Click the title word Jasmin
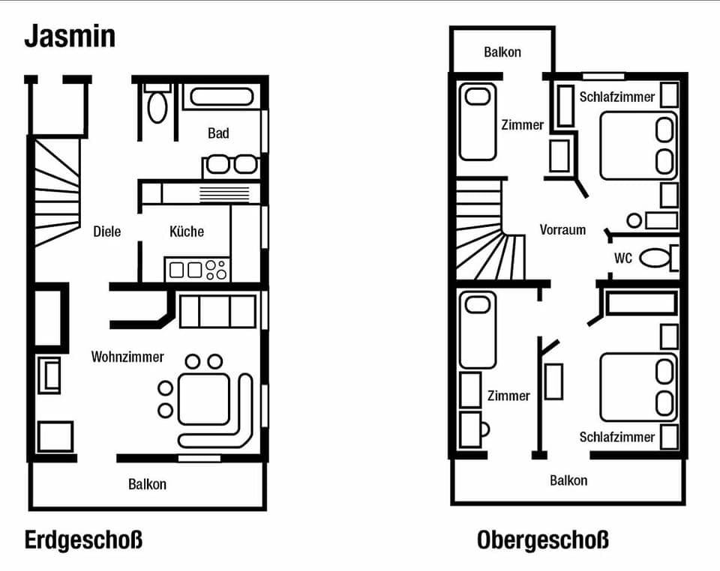(70, 35)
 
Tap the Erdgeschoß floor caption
(83, 540)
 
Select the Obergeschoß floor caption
(542, 540)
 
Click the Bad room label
(218, 133)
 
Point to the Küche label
(187, 232)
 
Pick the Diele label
(107, 232)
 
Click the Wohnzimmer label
(127, 357)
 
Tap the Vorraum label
(562, 230)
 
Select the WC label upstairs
(623, 259)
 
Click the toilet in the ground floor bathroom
(157, 105)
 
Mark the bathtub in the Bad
(221, 97)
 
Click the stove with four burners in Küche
(217, 269)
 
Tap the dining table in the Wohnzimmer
(203, 399)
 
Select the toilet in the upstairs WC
(658, 259)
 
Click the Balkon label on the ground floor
(147, 484)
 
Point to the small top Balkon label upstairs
(502, 52)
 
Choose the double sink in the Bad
(231, 164)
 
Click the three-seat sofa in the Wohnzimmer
(217, 311)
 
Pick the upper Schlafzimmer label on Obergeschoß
(617, 97)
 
